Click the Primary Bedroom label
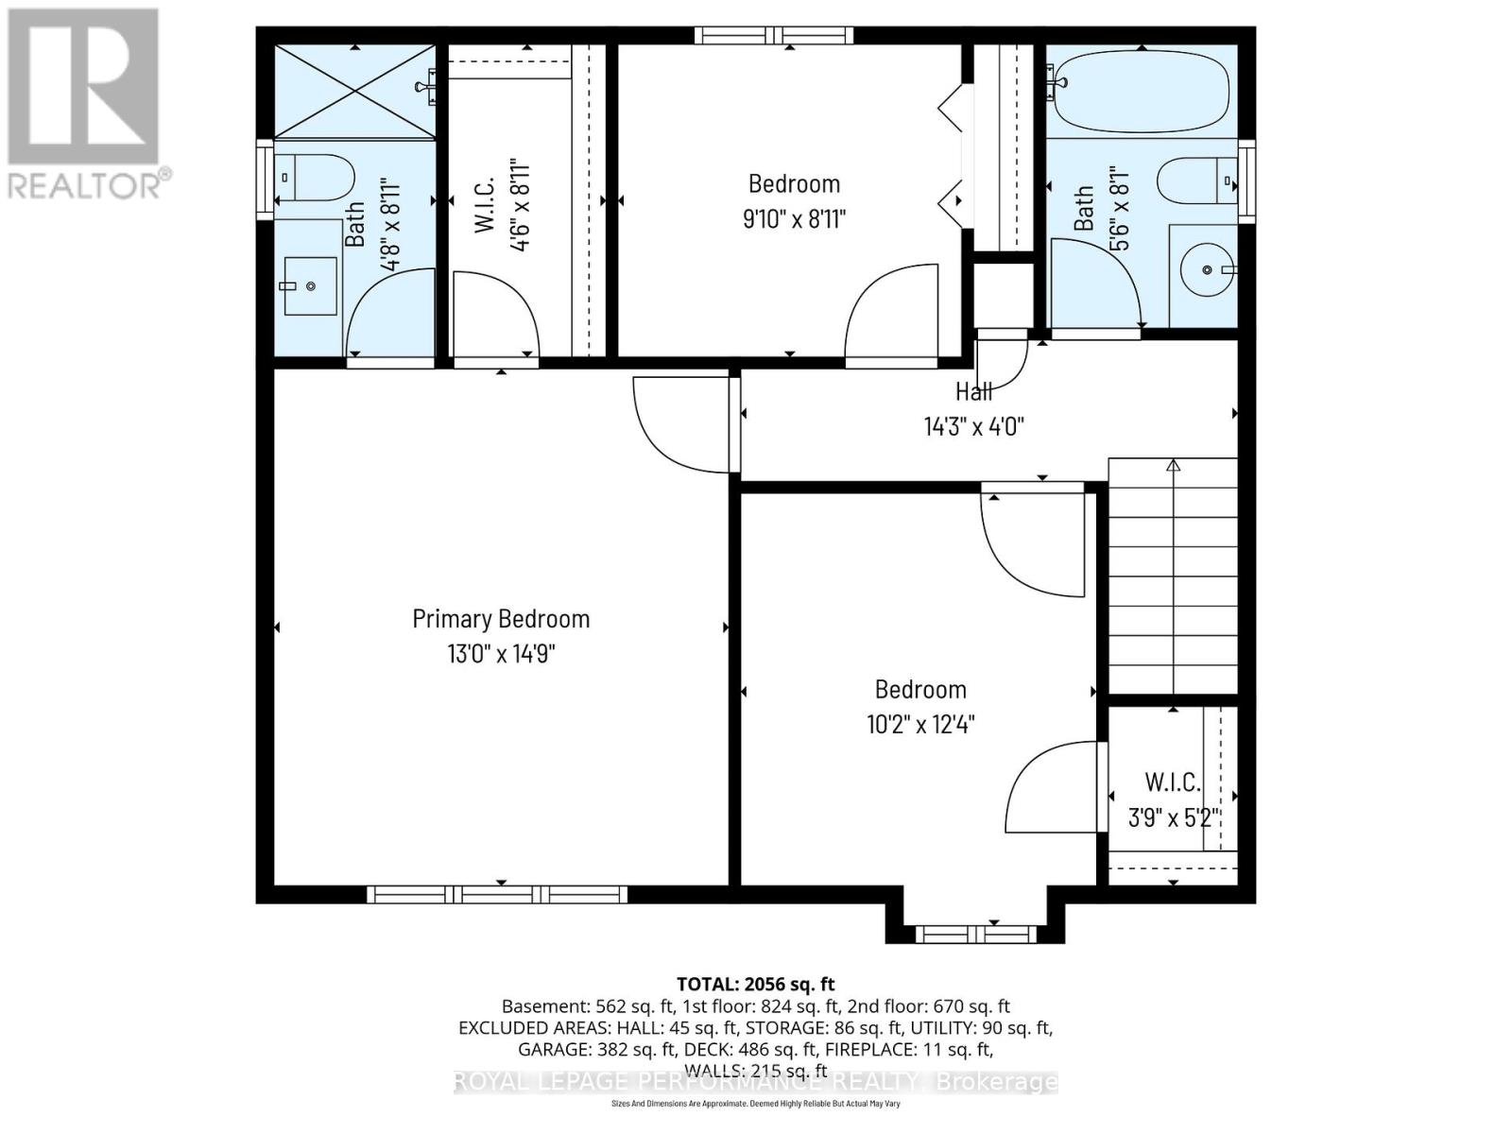pyautogui.click(x=501, y=619)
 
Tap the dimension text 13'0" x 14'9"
pyautogui.click(x=501, y=654)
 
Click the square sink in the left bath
pyautogui.click(x=311, y=285)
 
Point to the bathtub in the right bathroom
pyautogui.click(x=1142, y=92)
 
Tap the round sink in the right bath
pyautogui.click(x=1207, y=270)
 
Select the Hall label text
pyautogui.click(x=973, y=391)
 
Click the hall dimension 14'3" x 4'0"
pyautogui.click(x=973, y=426)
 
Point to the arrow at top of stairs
pyautogui.click(x=1174, y=465)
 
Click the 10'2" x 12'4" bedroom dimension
pyautogui.click(x=920, y=725)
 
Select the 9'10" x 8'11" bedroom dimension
pyautogui.click(x=794, y=219)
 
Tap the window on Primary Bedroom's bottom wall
pyautogui.click(x=497, y=894)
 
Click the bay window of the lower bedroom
pyautogui.click(x=976, y=934)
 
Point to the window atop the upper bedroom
pyautogui.click(x=774, y=36)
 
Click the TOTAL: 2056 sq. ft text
pyautogui.click(x=755, y=984)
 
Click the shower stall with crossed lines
pyautogui.click(x=354, y=92)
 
